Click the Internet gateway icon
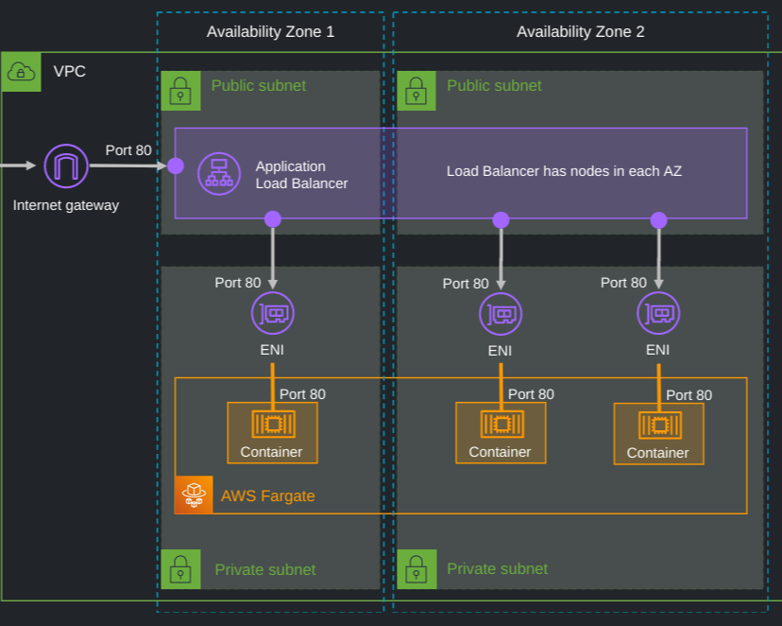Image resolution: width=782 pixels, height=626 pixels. [66, 166]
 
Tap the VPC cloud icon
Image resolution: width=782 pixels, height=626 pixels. [21, 72]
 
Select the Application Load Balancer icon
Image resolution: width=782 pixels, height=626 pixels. [219, 173]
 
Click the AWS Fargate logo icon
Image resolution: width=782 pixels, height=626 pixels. [194, 495]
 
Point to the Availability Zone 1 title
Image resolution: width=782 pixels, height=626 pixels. [270, 32]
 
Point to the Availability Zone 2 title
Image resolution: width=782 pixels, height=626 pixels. [580, 32]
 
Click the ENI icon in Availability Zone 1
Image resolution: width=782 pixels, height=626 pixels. [272, 313]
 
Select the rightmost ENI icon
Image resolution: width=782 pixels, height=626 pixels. [657, 313]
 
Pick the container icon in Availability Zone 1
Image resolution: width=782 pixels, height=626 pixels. [272, 424]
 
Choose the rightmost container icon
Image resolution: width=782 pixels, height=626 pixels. [658, 425]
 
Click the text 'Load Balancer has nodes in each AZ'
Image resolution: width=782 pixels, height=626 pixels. [564, 172]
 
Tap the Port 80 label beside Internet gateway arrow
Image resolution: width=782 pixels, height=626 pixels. [128, 149]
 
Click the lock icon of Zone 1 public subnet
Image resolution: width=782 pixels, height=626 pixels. [179, 91]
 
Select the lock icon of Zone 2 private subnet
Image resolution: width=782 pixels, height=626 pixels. [416, 570]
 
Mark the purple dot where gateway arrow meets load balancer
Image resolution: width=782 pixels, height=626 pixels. [175, 166]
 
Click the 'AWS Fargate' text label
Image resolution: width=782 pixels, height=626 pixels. [267, 496]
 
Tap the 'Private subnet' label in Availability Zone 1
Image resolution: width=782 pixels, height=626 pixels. [265, 570]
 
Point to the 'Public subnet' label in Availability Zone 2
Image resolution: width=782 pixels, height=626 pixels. [494, 86]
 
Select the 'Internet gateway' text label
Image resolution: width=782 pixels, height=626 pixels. [66, 205]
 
